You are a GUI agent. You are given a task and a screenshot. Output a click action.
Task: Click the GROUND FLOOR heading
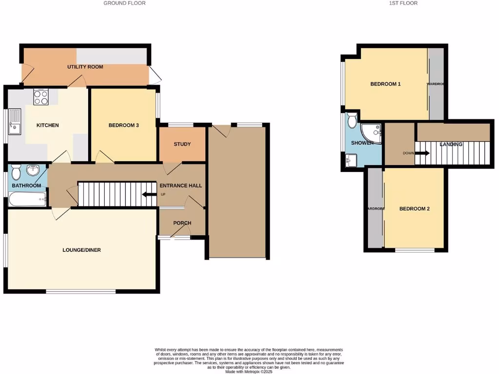pyautogui.click(x=124, y=3)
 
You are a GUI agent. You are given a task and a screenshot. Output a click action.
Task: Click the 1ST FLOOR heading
pyautogui.click(x=403, y=3)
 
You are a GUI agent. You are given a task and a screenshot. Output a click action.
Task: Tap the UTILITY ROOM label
pyautogui.click(x=85, y=67)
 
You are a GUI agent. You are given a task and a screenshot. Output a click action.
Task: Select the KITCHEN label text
pyautogui.click(x=48, y=125)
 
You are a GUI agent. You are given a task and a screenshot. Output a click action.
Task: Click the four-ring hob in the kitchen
pyautogui.click(x=40, y=97)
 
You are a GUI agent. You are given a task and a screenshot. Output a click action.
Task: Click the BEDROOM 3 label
pyautogui.click(x=124, y=125)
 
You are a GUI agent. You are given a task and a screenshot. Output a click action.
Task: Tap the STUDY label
pyautogui.click(x=182, y=144)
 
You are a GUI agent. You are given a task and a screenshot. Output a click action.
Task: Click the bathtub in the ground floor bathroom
pyautogui.click(x=27, y=199)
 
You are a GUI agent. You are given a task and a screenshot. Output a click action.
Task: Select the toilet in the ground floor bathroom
pyautogui.click(x=16, y=172)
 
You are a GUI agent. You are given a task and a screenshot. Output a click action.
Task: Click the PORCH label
pyautogui.click(x=182, y=223)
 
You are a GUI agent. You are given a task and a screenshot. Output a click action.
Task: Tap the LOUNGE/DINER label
pyautogui.click(x=81, y=250)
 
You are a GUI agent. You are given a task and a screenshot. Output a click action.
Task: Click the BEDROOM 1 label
pyautogui.click(x=385, y=84)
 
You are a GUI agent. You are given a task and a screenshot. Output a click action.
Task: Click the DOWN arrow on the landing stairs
pyautogui.click(x=422, y=153)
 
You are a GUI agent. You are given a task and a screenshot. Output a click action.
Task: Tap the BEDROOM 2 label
pyautogui.click(x=414, y=209)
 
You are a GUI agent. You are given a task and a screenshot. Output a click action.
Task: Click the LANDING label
pyautogui.click(x=451, y=144)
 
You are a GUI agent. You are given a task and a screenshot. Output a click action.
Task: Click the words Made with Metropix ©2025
pyautogui.click(x=249, y=371)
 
